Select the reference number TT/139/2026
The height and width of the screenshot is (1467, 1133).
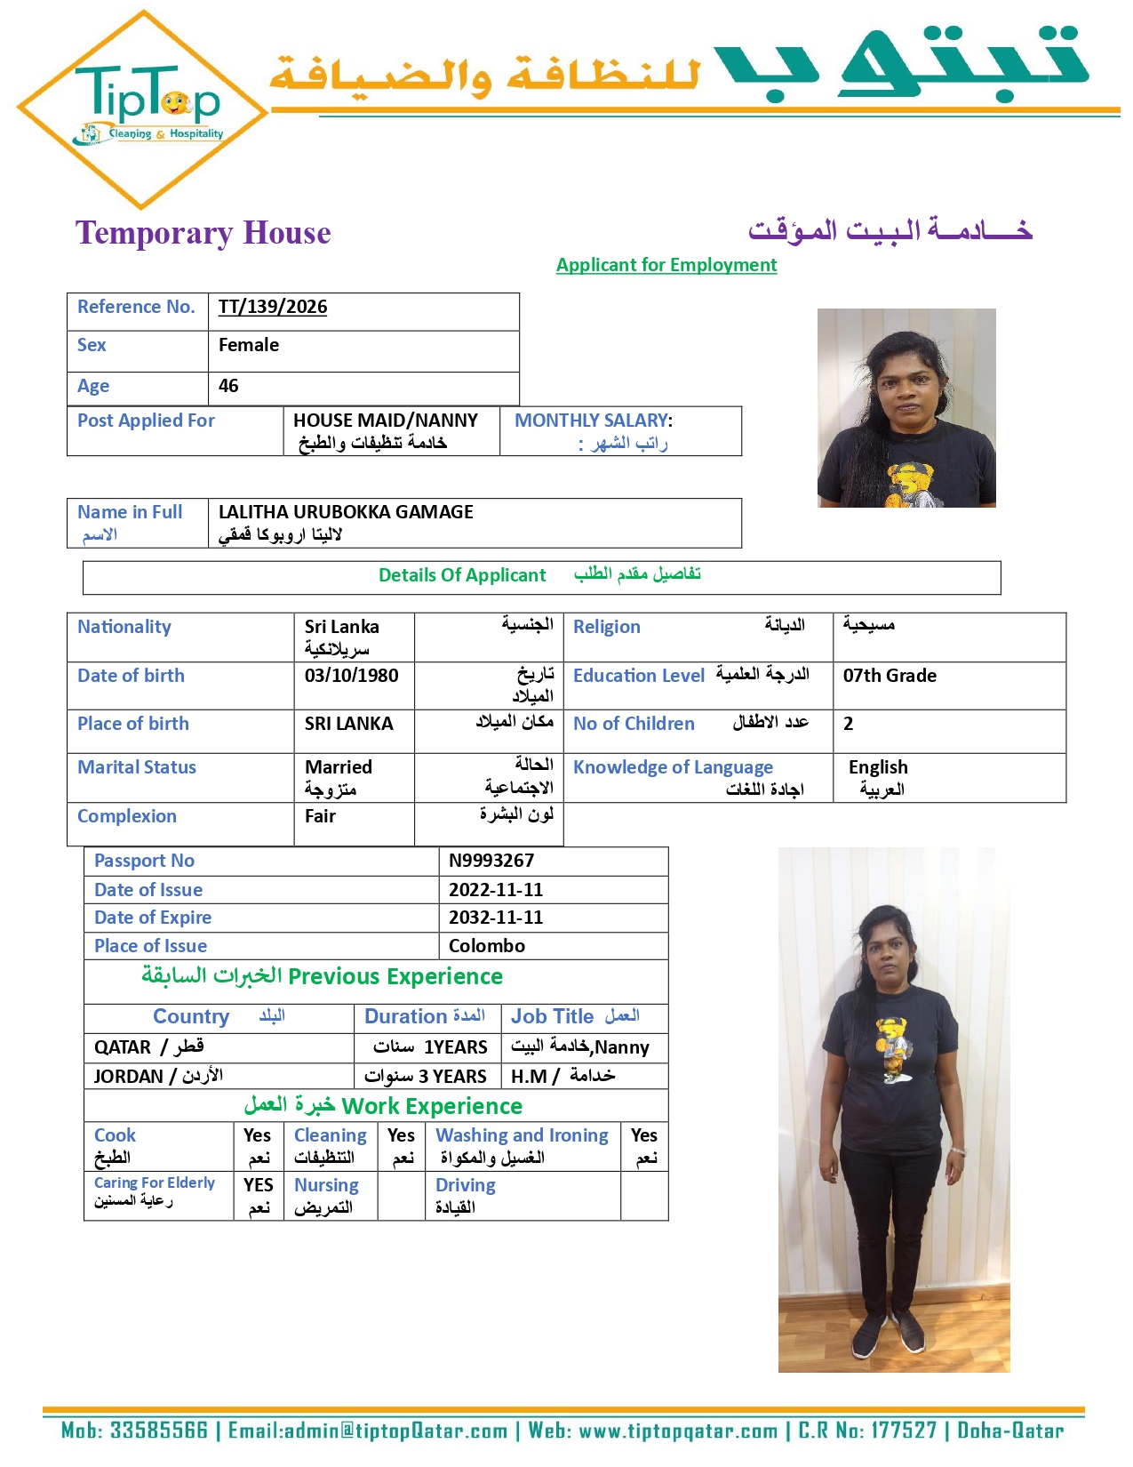[273, 308]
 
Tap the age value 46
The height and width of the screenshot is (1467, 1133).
[228, 386]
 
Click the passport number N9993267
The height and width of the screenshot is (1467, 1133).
[491, 861]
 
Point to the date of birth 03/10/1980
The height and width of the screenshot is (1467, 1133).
[351, 676]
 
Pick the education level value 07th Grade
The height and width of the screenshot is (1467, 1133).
[890, 676]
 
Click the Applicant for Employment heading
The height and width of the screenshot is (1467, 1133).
[666, 265]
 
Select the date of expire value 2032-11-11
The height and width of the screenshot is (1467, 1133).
[496, 918]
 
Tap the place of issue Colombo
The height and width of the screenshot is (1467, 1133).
[487, 946]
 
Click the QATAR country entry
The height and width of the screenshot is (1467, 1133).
[124, 1047]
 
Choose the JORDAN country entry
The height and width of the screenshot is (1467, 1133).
[129, 1077]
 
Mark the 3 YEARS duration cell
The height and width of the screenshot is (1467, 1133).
[427, 1077]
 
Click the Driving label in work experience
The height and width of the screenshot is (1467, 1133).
[466, 1185]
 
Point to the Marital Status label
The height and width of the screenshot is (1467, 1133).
[137, 767]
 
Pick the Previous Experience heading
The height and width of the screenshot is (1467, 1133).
[395, 976]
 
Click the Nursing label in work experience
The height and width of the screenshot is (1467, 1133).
[326, 1185]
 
